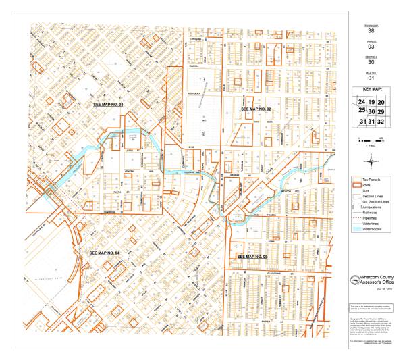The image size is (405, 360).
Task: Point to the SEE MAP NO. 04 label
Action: click(x=105, y=252)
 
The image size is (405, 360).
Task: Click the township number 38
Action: click(x=370, y=30)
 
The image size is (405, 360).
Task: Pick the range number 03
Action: click(x=370, y=48)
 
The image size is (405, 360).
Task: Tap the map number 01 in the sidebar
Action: click(x=370, y=78)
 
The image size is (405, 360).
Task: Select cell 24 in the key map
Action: click(x=362, y=102)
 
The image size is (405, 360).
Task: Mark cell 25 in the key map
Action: click(x=362, y=110)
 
